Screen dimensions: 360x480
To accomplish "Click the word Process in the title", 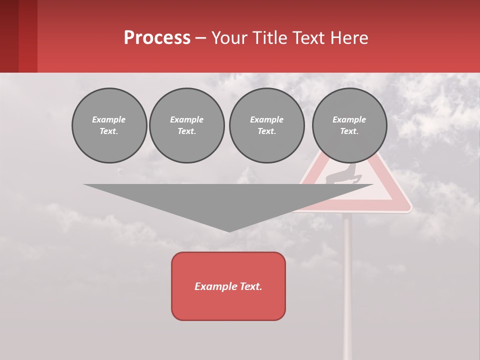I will click(157, 38).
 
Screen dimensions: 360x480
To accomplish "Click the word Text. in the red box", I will click(251, 286).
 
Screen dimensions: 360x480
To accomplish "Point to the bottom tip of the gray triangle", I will click(229, 231).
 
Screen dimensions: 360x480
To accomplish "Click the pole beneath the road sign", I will click(347, 280).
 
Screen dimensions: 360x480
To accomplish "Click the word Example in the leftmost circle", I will click(108, 119).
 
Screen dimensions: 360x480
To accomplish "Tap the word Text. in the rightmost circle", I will click(349, 131).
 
